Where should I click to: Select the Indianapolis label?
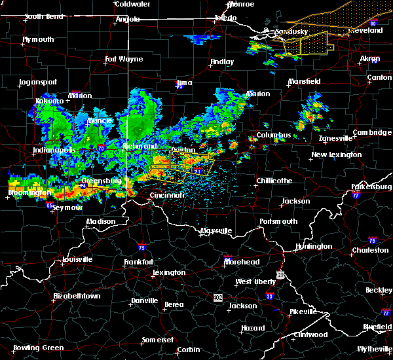[54, 151]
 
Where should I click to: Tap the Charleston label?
[370, 250]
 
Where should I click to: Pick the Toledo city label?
[223, 18]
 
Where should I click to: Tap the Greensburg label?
[101, 181]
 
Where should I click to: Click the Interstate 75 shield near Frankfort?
[142, 248]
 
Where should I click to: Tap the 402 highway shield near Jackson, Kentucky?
[217, 298]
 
